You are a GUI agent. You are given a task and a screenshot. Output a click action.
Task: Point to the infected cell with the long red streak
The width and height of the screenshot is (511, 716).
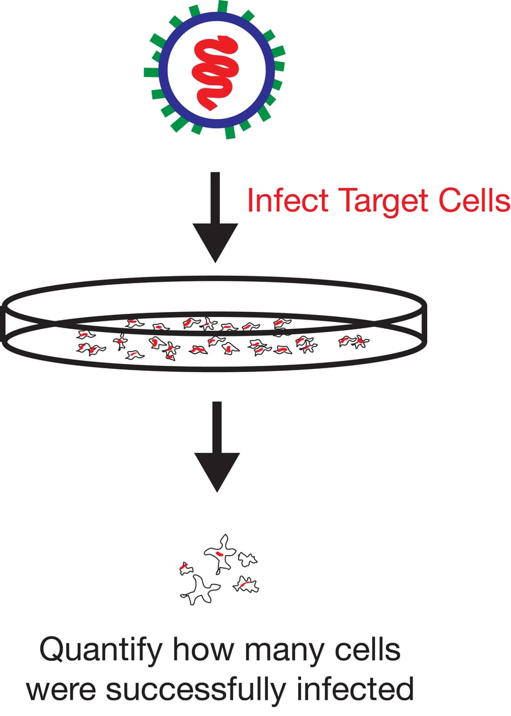pyautogui.click(x=245, y=585)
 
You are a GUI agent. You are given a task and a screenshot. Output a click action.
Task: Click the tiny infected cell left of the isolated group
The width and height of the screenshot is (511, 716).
pyautogui.click(x=185, y=568)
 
